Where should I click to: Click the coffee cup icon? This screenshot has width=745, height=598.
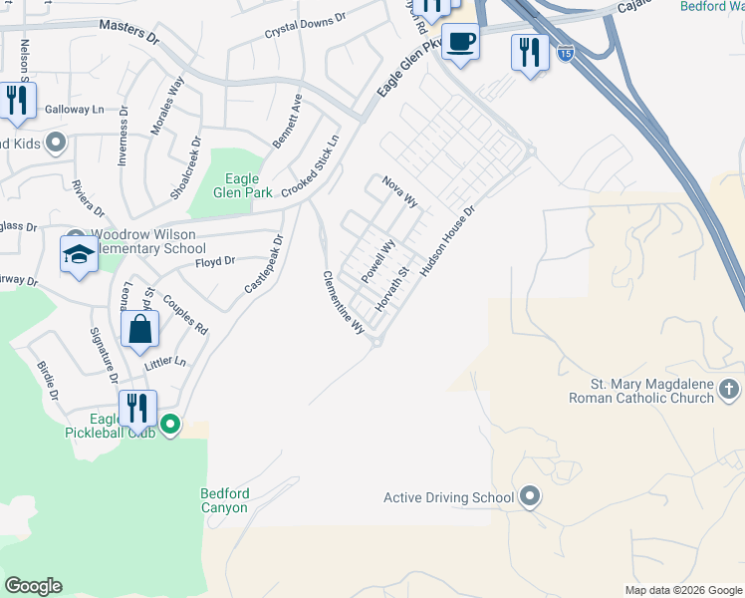460,42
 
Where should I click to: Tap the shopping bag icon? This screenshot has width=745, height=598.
140,329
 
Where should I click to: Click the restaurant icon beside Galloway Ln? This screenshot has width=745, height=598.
17,101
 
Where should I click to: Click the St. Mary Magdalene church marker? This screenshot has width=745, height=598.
729,389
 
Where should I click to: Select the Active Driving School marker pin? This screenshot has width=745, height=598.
530,496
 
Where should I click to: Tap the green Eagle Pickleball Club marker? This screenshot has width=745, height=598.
170,425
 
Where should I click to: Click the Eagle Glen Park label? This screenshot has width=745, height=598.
236,186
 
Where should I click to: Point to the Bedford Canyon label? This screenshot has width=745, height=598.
225,500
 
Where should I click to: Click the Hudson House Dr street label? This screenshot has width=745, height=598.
450,240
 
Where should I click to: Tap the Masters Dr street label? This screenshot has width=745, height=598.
130,35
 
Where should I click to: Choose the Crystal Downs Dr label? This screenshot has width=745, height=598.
305,26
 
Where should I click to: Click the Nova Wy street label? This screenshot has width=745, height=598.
399,190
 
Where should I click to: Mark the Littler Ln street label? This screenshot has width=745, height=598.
165,364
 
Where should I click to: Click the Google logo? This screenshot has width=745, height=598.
33,586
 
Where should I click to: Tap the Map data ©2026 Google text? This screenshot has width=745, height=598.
682,590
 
